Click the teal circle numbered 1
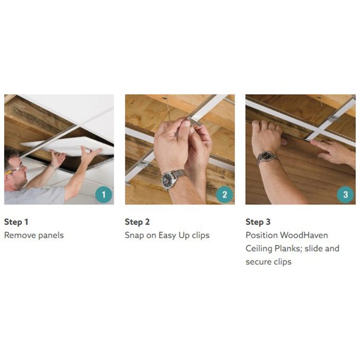104,194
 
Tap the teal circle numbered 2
224,194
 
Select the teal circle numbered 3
345,194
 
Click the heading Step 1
16,222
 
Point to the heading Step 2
137,222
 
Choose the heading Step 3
258,222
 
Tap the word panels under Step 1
51,236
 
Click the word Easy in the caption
167,236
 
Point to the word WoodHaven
304,235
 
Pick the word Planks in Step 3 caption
288,248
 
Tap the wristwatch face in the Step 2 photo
168,179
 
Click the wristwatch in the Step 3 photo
267,157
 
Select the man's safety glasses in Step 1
13,169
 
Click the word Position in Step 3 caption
262,235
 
